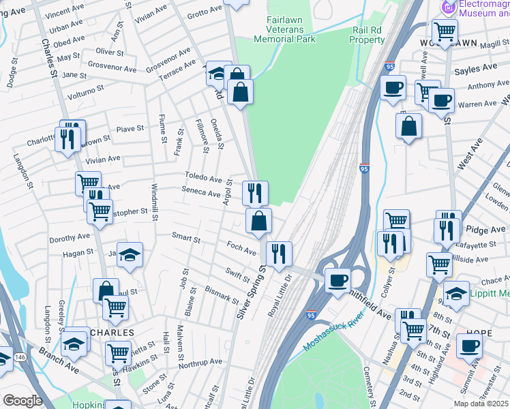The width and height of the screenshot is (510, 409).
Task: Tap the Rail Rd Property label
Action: [367, 35]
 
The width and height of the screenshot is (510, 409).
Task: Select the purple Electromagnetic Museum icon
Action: [448, 8]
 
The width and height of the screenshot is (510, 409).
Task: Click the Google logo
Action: [22, 400]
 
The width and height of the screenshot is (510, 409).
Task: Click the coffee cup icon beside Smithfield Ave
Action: [337, 280]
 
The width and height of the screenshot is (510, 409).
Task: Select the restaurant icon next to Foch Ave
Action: [278, 254]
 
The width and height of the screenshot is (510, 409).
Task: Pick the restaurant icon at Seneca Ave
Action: [255, 193]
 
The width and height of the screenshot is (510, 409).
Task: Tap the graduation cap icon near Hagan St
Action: [130, 255]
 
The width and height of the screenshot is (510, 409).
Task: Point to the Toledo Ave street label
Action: [203, 178]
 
